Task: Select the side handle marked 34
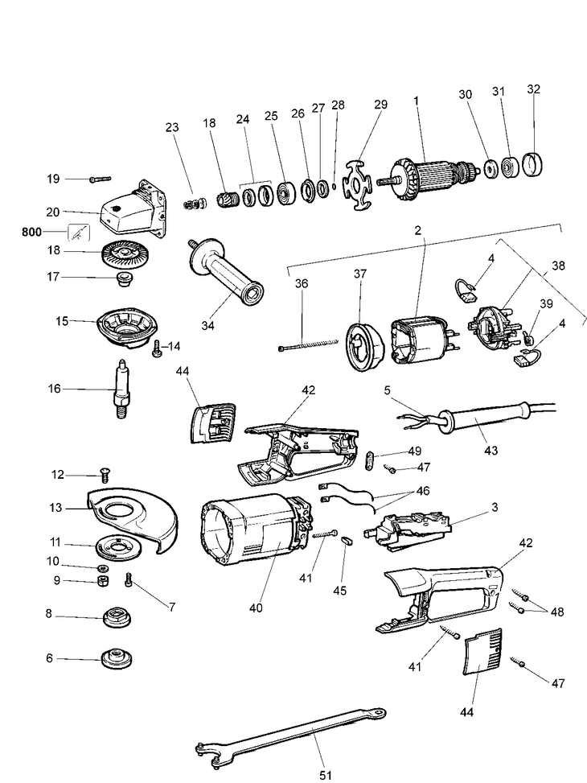[x=225, y=267]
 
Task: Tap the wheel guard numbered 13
[x=133, y=515]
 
